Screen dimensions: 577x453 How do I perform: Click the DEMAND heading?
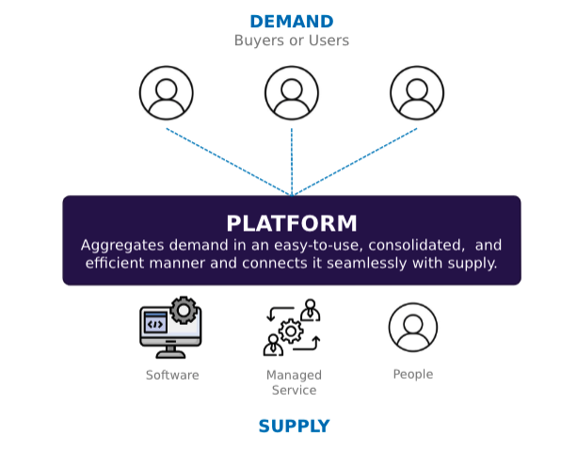tap(292, 22)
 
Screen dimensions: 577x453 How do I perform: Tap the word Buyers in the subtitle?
tap(252, 40)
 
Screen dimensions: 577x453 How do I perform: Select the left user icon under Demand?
tap(167, 93)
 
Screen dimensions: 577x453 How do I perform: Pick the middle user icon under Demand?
tap(292, 93)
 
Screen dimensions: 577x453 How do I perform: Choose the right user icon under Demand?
tap(417, 93)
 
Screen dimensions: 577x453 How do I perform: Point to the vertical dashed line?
tap(292, 162)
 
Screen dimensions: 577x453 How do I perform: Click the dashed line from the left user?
tap(228, 162)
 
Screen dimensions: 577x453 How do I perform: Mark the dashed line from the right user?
tap(355, 162)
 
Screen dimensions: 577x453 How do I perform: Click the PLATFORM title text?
tap(292, 223)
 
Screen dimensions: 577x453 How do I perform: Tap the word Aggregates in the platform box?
tap(122, 246)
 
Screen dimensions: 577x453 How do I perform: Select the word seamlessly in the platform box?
tap(367, 264)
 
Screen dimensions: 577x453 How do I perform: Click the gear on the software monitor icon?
tap(184, 310)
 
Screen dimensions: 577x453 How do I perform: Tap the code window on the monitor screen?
tap(155, 323)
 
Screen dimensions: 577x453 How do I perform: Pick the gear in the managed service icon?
tap(291, 332)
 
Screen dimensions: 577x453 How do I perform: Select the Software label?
tap(172, 375)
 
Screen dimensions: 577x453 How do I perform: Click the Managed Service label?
tap(294, 382)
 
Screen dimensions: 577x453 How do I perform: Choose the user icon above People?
tap(413, 327)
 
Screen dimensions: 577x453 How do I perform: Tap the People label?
tap(413, 375)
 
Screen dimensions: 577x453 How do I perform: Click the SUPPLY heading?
tap(294, 426)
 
